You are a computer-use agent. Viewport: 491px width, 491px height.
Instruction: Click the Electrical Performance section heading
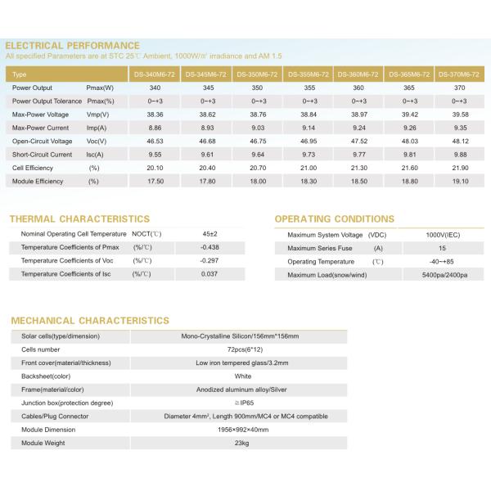pos(72,45)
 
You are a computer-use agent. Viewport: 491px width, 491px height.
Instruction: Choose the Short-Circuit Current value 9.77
pos(358,154)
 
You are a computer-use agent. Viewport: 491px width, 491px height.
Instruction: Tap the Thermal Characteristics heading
pos(79,219)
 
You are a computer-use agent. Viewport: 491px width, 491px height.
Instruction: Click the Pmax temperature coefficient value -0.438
pos(209,247)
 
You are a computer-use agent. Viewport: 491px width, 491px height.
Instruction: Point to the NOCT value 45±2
pos(209,234)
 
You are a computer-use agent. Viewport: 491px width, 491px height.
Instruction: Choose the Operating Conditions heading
pos(334,219)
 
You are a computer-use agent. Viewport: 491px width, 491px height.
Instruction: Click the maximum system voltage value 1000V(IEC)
pos(443,235)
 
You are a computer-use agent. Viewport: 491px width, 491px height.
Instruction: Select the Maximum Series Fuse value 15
pos(443,248)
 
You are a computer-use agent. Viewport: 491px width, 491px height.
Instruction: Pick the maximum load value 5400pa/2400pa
pos(443,274)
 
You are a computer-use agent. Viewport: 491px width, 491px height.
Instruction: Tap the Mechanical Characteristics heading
pos(90,321)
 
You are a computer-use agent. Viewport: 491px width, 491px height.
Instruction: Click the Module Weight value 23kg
pos(241,443)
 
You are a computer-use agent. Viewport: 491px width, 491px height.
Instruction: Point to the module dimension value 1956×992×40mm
pos(241,430)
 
